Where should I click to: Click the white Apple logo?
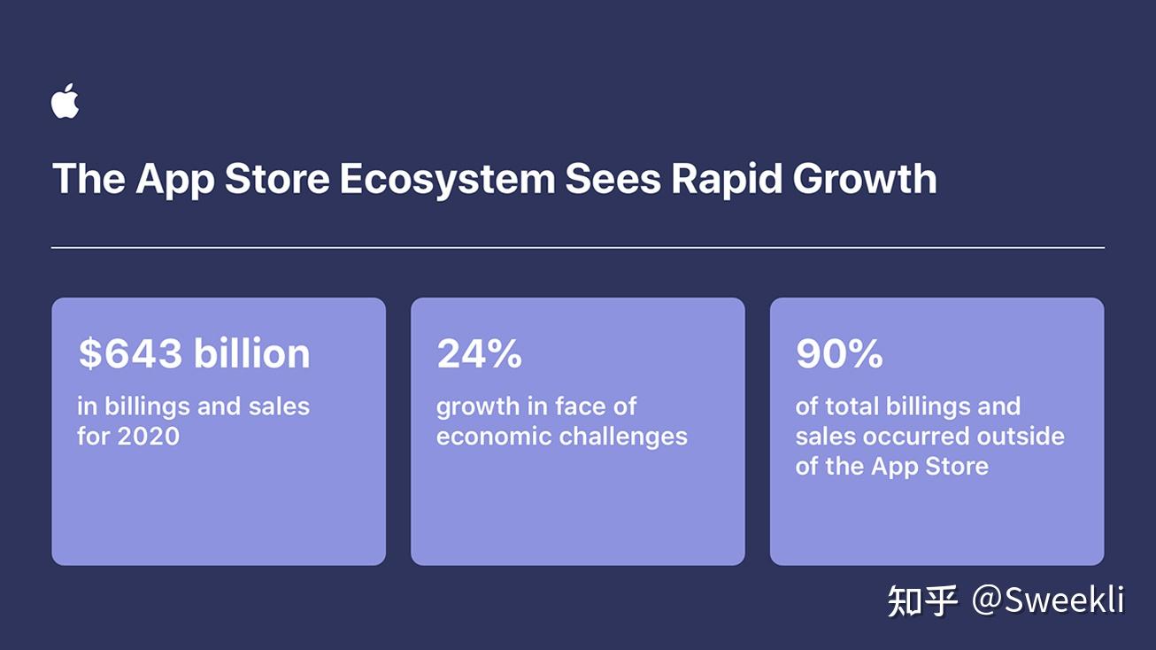(x=65, y=101)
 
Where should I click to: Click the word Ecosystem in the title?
(x=447, y=180)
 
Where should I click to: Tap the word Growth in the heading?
(x=865, y=179)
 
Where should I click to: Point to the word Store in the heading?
(x=277, y=179)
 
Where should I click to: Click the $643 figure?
(x=131, y=353)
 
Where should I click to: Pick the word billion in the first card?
(x=252, y=353)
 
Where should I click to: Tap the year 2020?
(x=148, y=437)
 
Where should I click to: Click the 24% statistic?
(x=480, y=353)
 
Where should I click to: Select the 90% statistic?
(x=839, y=353)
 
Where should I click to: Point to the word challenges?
(x=623, y=437)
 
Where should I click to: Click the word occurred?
(x=915, y=437)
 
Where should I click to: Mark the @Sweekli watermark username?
(x=1048, y=600)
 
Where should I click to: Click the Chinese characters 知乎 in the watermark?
(x=922, y=600)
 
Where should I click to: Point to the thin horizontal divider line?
(x=578, y=248)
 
